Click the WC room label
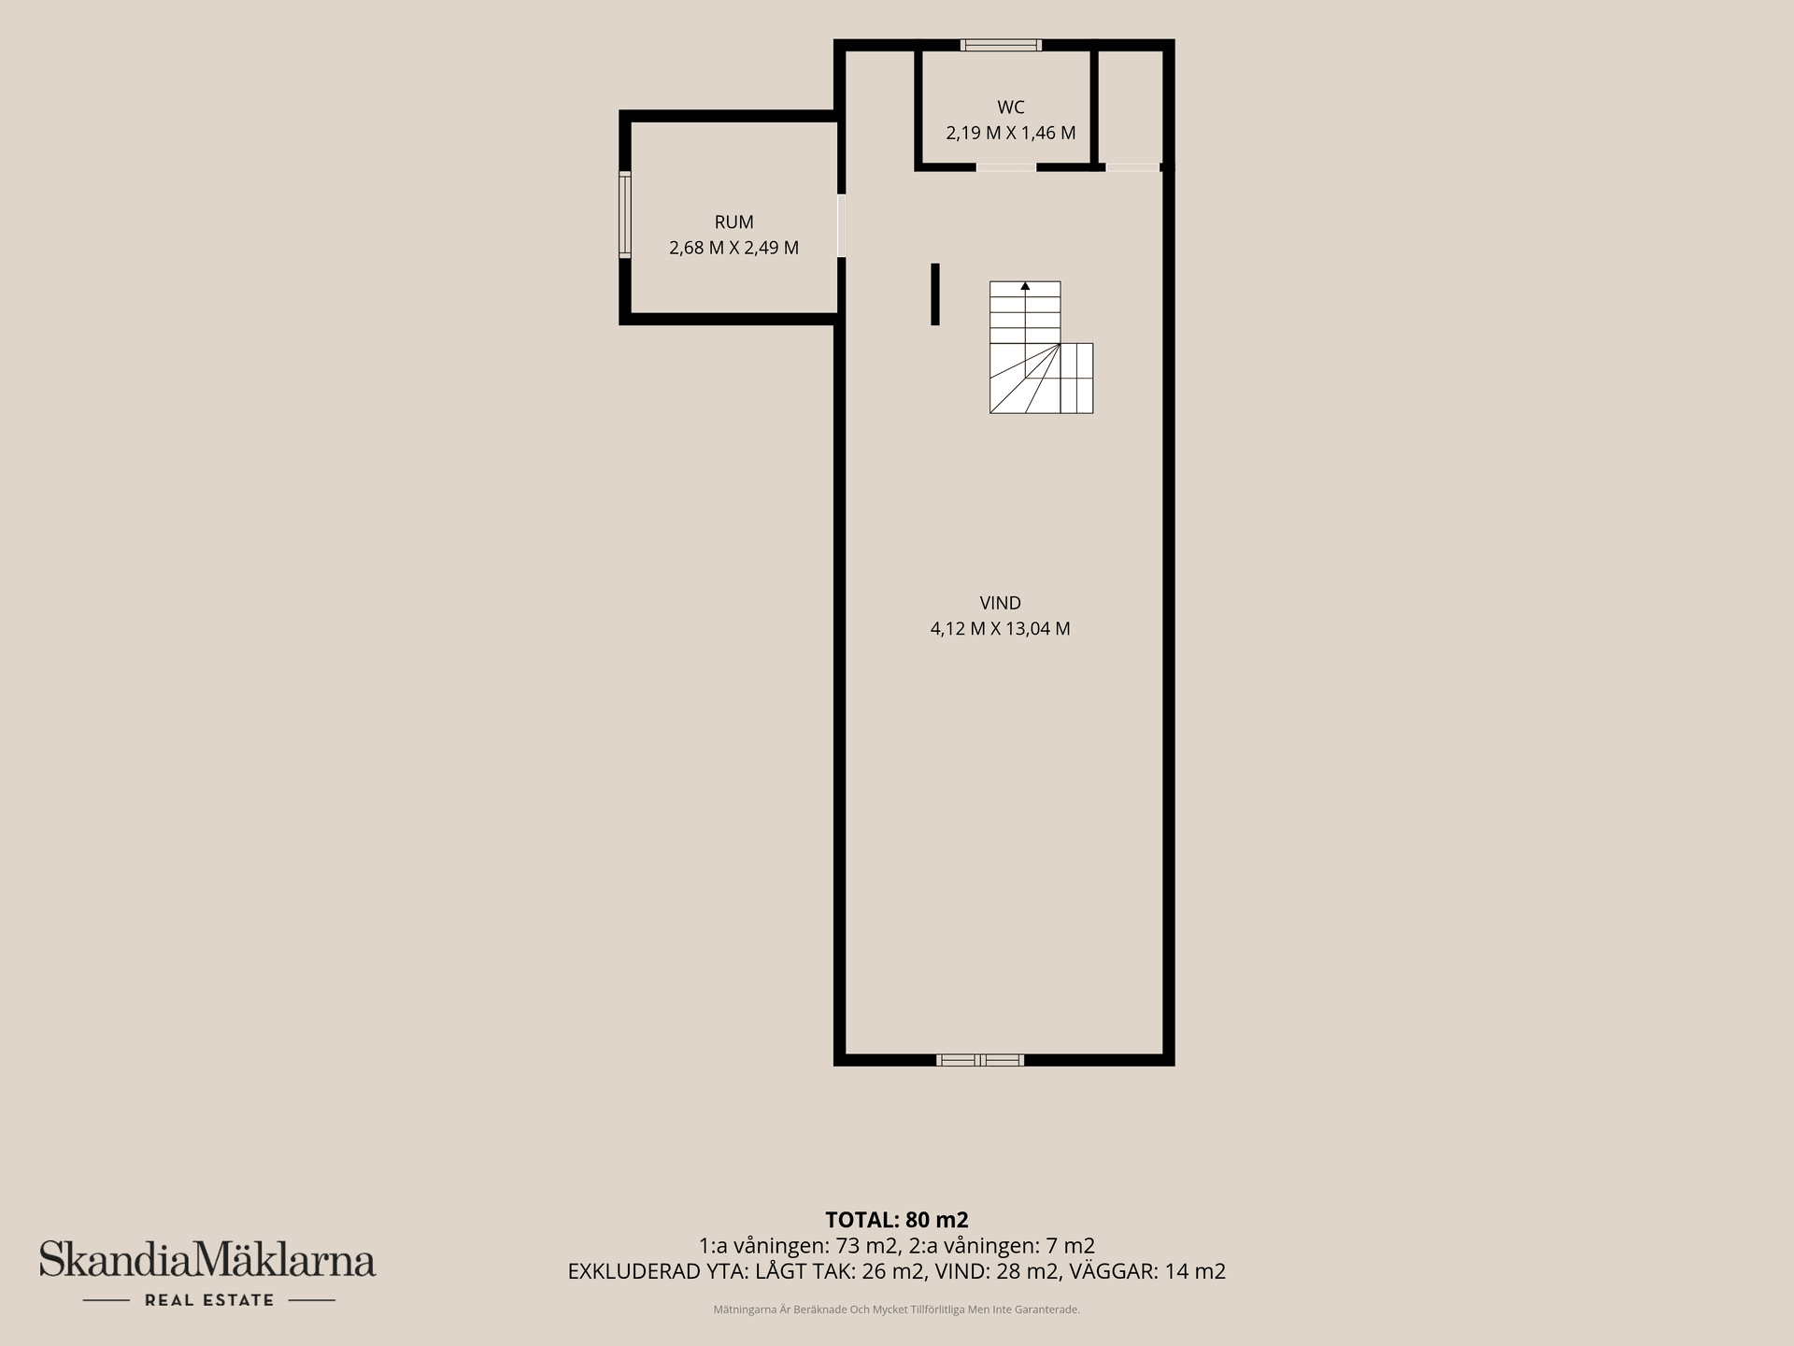pyautogui.click(x=1011, y=107)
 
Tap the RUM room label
pyautogui.click(x=733, y=222)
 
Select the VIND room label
pyautogui.click(x=1000, y=603)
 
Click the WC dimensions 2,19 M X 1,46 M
pyautogui.click(x=1011, y=133)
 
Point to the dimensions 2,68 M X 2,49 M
pyautogui.click(x=733, y=248)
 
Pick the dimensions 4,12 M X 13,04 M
pyautogui.click(x=1000, y=628)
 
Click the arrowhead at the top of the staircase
pyautogui.click(x=1025, y=286)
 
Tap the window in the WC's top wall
pyautogui.click(x=1001, y=45)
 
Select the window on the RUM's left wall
pyautogui.click(x=625, y=214)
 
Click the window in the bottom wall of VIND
pyautogui.click(x=980, y=1060)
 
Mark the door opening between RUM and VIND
pyautogui.click(x=841, y=225)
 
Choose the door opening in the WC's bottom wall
pyautogui.click(x=1006, y=167)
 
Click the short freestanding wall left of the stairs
pyautogui.click(x=935, y=294)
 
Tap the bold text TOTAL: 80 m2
pyautogui.click(x=897, y=1220)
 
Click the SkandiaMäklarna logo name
pyautogui.click(x=207, y=1259)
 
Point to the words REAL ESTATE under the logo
pyautogui.click(x=209, y=1300)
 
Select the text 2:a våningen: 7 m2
pyautogui.click(x=1002, y=1246)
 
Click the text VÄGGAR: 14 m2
pyautogui.click(x=1146, y=1271)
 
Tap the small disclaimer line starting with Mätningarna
pyautogui.click(x=897, y=1310)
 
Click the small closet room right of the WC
pyautogui.click(x=1131, y=107)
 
